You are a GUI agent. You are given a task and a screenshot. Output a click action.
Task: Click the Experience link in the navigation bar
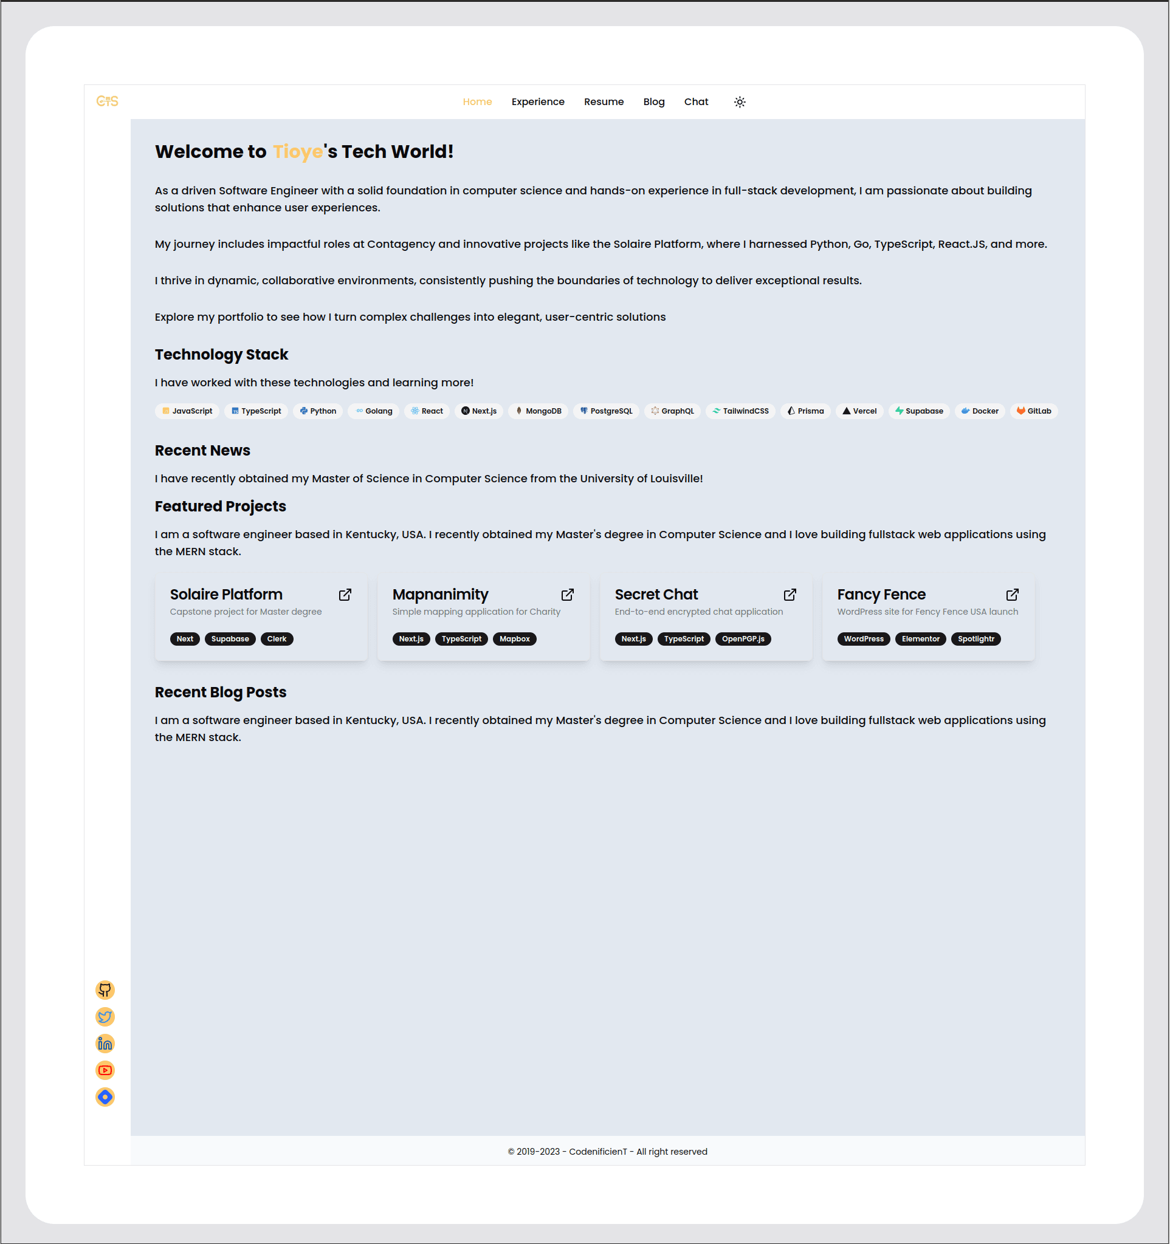(x=538, y=101)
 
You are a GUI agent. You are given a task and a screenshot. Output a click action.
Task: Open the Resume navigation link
(x=604, y=101)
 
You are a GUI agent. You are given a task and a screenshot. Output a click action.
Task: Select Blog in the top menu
(x=653, y=101)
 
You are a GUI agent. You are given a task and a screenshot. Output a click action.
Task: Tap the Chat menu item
(x=695, y=101)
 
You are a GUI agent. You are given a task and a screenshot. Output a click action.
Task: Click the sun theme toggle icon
(x=739, y=102)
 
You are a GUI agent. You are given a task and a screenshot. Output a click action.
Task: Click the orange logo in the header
(x=107, y=101)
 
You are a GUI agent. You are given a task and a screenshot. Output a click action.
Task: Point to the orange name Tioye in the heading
(x=297, y=151)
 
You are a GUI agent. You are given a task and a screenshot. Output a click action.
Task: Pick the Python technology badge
(x=318, y=411)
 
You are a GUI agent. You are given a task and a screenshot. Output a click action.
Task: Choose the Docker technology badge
(x=980, y=411)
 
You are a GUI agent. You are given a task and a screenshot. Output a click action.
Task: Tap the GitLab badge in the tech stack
(x=1033, y=411)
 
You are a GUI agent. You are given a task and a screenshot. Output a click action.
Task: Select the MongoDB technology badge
(x=539, y=411)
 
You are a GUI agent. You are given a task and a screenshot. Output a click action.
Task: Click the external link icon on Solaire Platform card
(x=345, y=595)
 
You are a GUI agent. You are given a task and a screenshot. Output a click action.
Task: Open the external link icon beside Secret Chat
(x=790, y=595)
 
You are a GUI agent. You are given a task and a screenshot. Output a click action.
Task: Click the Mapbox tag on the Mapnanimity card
(x=515, y=639)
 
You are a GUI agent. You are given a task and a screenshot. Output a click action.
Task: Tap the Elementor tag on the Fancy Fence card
(x=920, y=639)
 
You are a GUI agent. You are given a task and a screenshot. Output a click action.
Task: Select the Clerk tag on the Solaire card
(x=277, y=639)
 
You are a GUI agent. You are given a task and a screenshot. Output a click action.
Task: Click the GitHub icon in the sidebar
(x=105, y=990)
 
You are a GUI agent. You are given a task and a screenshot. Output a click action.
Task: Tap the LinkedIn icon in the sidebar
(x=105, y=1043)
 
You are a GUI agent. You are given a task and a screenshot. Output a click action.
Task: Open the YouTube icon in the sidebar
(x=105, y=1070)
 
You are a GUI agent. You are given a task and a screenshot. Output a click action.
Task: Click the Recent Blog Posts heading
(x=221, y=692)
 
